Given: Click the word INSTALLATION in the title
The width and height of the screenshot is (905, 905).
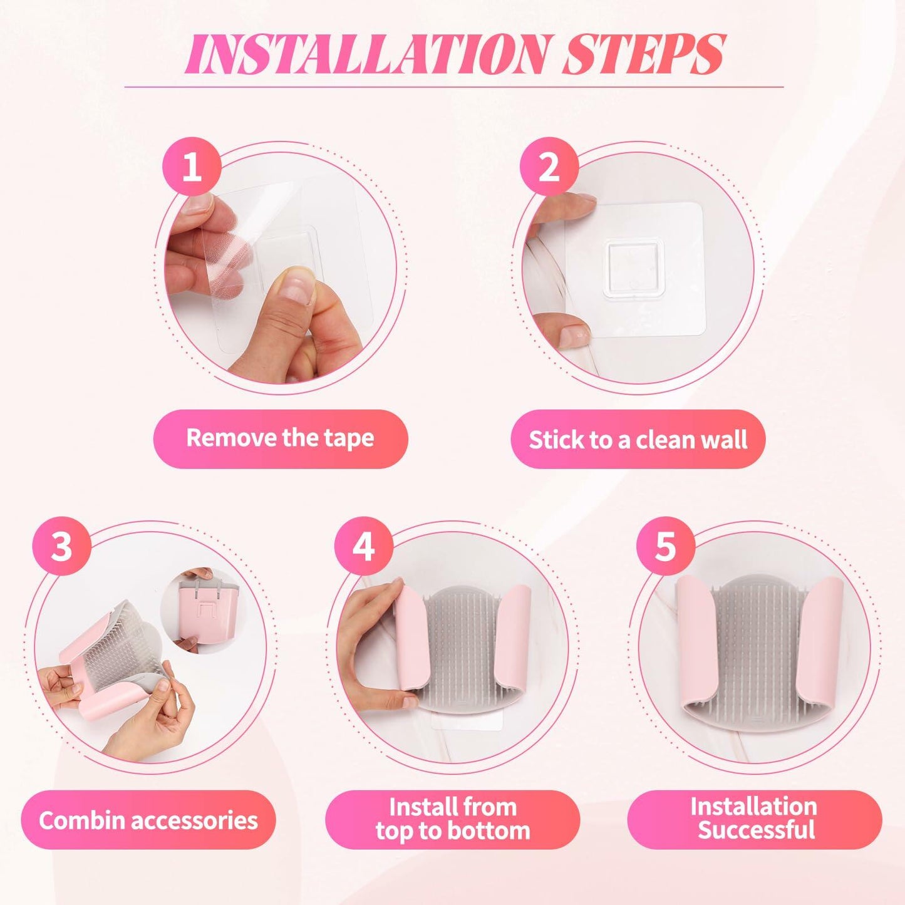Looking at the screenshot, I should [366, 55].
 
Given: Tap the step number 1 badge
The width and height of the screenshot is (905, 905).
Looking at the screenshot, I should [192, 167].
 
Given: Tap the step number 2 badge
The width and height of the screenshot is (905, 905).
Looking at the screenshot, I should [549, 167].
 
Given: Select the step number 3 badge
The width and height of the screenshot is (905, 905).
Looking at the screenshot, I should [61, 546].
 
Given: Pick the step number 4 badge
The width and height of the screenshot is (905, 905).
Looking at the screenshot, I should [363, 546].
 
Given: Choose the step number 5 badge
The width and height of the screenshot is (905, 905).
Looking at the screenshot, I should [666, 546].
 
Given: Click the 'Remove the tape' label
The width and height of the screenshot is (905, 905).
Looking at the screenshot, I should [280, 438].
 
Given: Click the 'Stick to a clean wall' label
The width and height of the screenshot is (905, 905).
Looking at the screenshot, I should [638, 440].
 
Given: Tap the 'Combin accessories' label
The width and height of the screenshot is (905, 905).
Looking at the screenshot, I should [148, 820].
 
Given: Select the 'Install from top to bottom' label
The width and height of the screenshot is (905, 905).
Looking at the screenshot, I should [452, 819].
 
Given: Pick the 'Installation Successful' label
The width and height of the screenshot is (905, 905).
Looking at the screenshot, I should [755, 819].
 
